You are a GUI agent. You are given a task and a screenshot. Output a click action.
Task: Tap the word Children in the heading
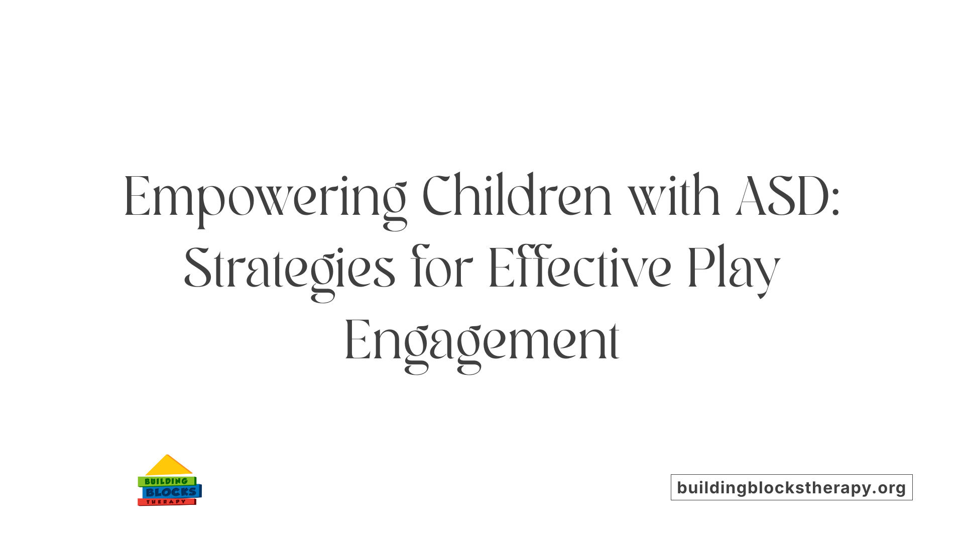click(x=517, y=197)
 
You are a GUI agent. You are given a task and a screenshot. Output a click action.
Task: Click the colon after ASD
click(x=835, y=203)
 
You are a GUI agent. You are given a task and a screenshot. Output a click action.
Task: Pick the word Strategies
click(x=290, y=270)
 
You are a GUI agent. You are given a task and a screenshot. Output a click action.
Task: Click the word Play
click(x=734, y=270)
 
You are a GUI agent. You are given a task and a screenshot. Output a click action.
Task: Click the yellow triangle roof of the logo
click(x=168, y=466)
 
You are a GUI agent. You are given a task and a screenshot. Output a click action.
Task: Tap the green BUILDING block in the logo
click(x=166, y=481)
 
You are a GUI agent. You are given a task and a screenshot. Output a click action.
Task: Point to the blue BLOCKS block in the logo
click(x=171, y=492)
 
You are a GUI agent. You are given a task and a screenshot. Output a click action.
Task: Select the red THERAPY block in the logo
click(x=166, y=502)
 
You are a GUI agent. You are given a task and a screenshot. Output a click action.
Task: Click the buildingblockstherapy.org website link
click(x=791, y=487)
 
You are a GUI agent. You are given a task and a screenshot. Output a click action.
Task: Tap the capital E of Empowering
click(x=137, y=197)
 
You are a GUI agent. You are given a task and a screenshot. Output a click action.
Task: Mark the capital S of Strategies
click(x=197, y=270)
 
